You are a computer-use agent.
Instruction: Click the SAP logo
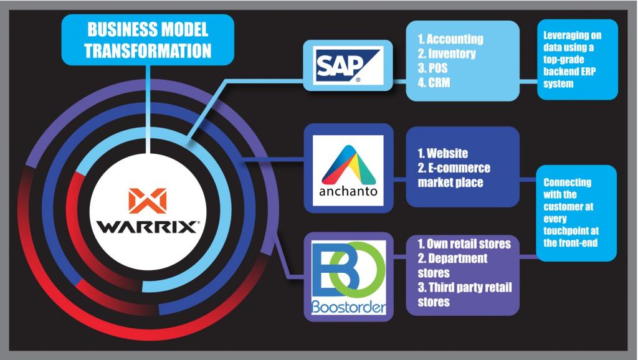(348, 65)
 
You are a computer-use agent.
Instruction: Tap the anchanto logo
(348, 170)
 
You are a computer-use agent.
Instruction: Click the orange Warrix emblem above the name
(147, 201)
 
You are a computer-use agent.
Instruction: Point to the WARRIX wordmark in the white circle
(148, 227)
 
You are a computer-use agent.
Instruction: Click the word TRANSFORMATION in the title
(148, 51)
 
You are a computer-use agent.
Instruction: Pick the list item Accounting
(450, 39)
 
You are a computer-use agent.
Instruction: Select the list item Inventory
(446, 54)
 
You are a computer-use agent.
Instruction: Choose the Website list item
(443, 153)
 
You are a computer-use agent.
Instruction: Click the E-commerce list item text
(454, 168)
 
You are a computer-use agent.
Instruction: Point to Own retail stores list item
(464, 244)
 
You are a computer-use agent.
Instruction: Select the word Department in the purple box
(458, 258)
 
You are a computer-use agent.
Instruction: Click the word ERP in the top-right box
(586, 72)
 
